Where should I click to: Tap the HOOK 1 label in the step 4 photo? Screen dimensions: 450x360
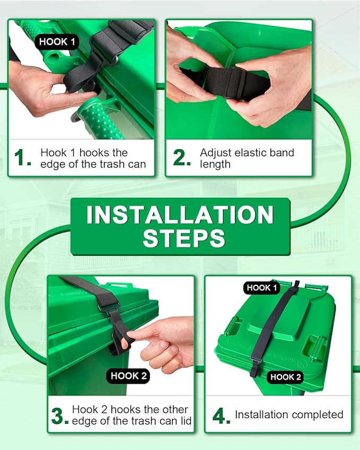(262, 288)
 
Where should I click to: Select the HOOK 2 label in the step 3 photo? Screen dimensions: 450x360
(129, 376)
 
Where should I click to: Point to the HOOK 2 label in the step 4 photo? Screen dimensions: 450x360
(286, 377)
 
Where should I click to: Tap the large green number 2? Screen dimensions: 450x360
(182, 157)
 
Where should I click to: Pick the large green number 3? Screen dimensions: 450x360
(59, 416)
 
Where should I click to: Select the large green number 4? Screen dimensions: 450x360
(221, 415)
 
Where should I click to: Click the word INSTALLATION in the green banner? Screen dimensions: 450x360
(180, 215)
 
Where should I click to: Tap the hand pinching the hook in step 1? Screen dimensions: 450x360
(42, 90)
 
